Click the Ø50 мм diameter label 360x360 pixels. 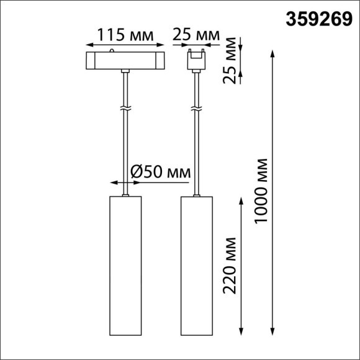(x=161, y=171)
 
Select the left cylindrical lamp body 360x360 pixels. (x=125, y=267)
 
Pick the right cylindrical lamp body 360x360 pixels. (x=197, y=267)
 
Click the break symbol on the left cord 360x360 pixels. (x=125, y=109)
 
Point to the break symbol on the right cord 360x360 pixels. (x=197, y=109)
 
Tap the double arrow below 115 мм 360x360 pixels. (x=125, y=45)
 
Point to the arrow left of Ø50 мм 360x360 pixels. (x=114, y=182)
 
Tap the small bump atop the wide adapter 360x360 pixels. (x=111, y=52)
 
